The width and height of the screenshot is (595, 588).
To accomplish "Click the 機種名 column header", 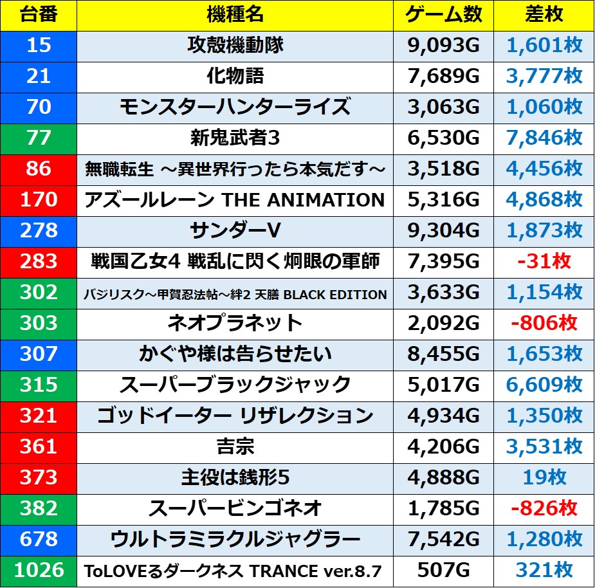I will (235, 15).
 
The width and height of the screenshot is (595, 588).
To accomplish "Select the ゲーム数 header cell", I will (443, 15).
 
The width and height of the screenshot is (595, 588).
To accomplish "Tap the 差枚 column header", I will (544, 15).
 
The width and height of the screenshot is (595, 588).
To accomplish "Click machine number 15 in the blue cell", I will (39, 45).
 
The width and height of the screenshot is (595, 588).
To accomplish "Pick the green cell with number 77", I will (39, 138).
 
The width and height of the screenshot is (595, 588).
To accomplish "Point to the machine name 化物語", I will (235, 76).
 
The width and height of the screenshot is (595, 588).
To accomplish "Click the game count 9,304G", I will (443, 230).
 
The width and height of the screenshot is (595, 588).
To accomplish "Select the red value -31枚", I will (544, 261).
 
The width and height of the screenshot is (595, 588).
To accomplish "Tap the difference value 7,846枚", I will (544, 138).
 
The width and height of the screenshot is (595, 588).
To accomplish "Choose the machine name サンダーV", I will (235, 230).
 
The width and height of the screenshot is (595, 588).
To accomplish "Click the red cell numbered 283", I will (39, 261).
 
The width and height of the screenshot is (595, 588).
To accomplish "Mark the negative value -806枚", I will (544, 323).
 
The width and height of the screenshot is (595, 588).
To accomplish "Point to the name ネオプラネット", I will (235, 323).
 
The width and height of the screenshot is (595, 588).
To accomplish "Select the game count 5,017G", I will (443, 385).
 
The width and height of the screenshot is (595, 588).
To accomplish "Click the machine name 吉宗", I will (235, 446).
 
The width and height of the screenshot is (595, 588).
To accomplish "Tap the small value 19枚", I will (544, 477).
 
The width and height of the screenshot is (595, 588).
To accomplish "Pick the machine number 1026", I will (39, 570).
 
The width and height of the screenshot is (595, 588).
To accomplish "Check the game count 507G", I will (443, 570).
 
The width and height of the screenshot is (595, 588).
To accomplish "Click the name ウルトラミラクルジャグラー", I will (235, 539).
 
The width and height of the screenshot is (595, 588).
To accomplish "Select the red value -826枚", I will (544, 508).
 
